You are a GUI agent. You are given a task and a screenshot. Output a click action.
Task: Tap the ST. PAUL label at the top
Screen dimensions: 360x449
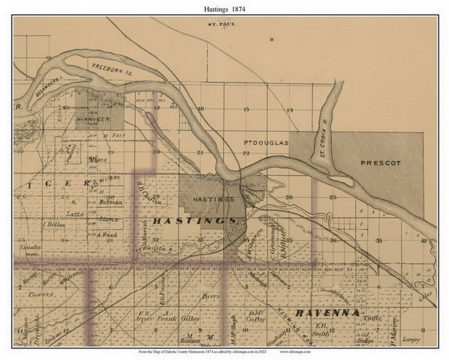point(222,24)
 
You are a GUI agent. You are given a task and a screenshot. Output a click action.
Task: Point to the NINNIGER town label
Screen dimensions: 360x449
point(92,119)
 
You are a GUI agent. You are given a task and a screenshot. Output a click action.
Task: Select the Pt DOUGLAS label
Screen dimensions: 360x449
point(266,143)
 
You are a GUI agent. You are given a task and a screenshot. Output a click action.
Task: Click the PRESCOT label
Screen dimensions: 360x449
point(380,163)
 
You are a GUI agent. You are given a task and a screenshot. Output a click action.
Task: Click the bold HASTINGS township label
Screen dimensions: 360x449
point(195,221)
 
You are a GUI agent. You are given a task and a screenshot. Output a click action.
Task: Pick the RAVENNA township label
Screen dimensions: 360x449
point(327,313)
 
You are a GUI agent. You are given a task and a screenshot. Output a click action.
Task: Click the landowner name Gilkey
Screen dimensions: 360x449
point(190,318)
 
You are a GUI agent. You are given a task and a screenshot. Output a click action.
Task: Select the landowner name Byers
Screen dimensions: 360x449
point(210,296)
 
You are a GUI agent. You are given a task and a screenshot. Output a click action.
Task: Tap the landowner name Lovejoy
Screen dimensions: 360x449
point(412,340)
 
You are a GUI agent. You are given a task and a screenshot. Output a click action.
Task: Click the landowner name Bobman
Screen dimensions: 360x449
point(111,202)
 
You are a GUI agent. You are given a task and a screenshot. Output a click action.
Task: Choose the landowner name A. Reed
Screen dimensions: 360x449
point(107,235)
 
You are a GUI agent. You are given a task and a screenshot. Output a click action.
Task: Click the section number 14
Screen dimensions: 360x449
point(290,110)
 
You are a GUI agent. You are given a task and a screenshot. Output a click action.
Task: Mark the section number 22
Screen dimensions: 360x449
point(246,153)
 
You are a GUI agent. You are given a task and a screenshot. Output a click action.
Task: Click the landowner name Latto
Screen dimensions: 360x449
point(75,214)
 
